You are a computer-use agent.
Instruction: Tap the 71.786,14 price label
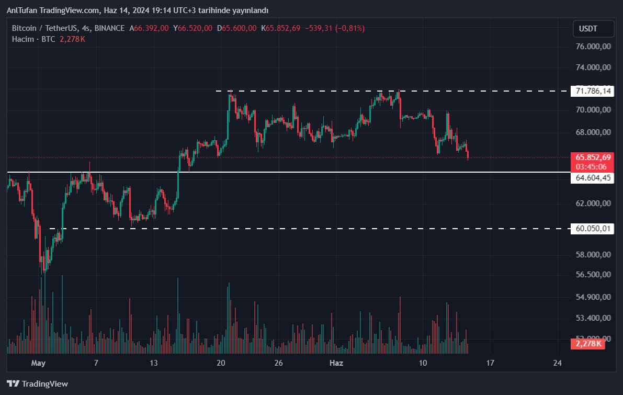pos(593,91)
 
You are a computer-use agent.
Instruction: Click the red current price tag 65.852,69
pos(593,157)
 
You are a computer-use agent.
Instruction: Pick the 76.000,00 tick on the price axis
pos(593,46)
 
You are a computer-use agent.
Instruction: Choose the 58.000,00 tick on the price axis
pos(593,255)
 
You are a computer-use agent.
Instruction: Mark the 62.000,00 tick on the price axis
pos(593,204)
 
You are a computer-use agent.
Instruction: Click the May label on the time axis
pos(39,363)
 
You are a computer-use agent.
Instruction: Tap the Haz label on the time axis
pos(336,363)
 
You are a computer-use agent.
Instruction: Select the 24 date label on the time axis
pos(557,363)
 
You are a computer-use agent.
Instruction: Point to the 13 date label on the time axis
pos(153,363)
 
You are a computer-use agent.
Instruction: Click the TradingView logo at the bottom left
pos(37,383)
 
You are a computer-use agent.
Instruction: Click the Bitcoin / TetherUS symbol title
pos(44,28)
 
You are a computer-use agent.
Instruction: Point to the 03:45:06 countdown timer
pos(591,166)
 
